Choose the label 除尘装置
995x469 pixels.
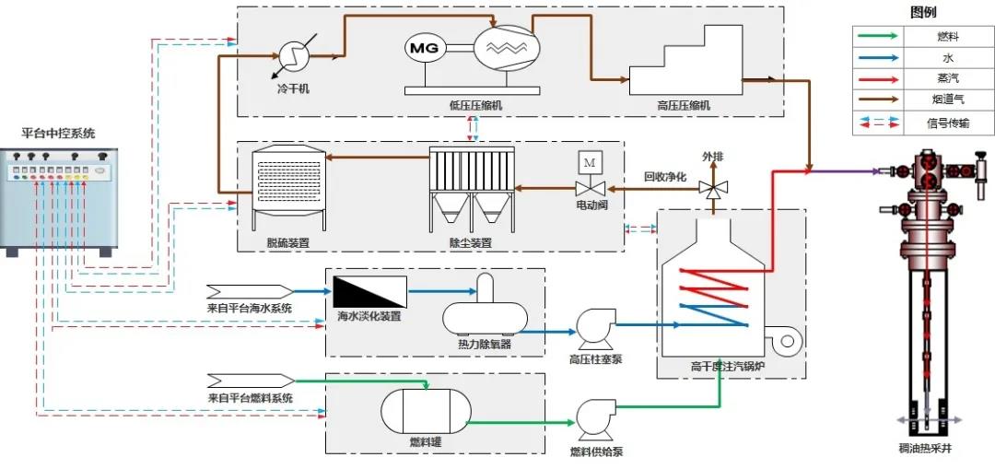click(470, 243)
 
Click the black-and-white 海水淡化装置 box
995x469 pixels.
click(369, 291)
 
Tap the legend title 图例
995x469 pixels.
click(922, 13)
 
